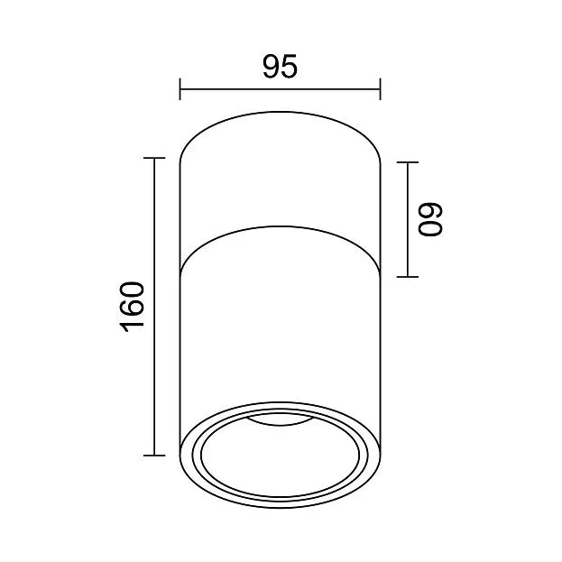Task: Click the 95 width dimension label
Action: point(280,67)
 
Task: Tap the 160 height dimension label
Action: point(133,307)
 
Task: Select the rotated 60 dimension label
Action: point(430,219)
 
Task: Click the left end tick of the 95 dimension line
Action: point(180,89)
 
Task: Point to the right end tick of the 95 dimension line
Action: point(381,89)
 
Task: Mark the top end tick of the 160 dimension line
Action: point(154,158)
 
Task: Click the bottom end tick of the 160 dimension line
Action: point(154,456)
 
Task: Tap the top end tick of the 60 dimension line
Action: point(408,162)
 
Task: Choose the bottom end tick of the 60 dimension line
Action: point(408,277)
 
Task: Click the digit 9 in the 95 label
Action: point(271,67)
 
